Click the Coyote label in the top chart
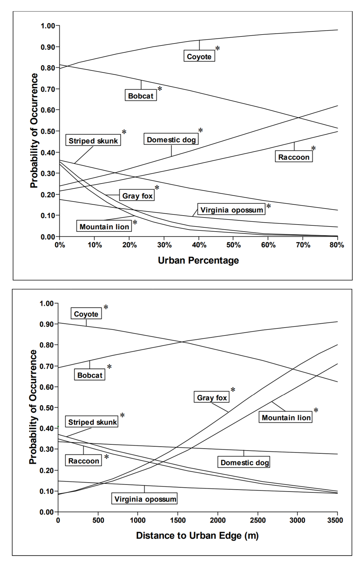pos(199,56)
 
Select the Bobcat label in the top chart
pos(141,95)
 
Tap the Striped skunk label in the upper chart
pos(93,141)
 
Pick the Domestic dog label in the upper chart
pos(171,139)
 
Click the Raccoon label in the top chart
pos(294,157)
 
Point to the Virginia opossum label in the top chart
pos(232,210)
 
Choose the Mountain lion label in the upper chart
pos(104,226)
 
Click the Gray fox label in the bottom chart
pos(212,397)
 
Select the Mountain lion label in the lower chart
pos(286,417)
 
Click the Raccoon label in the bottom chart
pos(84,461)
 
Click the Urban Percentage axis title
pos(198,260)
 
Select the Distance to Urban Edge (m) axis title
pos(197,535)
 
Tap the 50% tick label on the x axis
pos(233,245)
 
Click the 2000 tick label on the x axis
pos(218,520)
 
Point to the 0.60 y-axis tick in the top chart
pos(48,110)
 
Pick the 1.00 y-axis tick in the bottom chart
pos(46,303)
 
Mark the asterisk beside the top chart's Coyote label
pos(218,49)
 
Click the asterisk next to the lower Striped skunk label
pos(122,416)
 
